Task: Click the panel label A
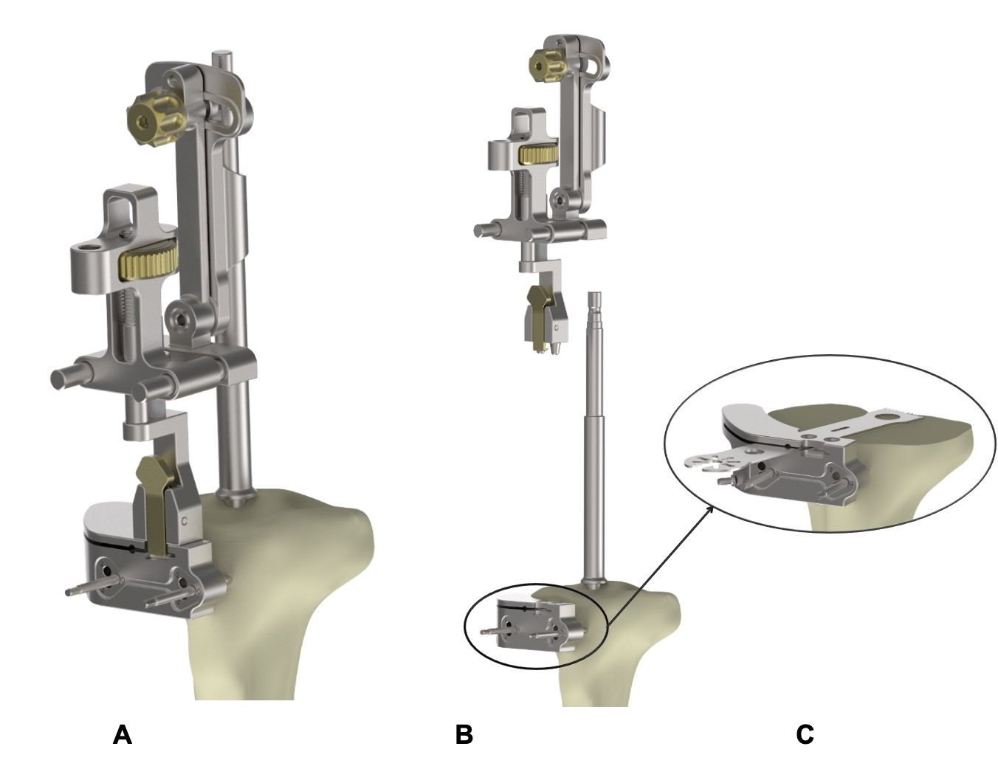click(123, 735)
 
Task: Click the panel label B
click(464, 735)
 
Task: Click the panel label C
click(805, 735)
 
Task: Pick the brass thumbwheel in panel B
click(539, 153)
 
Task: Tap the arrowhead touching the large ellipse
click(711, 507)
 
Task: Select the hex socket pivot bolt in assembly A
click(180, 318)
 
